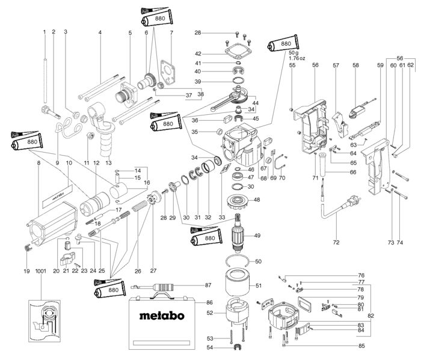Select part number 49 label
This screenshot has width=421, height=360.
[x=257, y=236]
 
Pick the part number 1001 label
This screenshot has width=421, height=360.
[x=41, y=288]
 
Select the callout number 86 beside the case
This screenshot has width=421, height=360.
[x=209, y=302]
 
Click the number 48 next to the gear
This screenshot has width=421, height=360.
[x=257, y=200]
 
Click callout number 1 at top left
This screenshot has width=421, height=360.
[x=44, y=31]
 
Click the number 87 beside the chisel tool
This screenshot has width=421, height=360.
[x=209, y=285]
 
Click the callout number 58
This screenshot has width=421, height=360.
[x=355, y=65]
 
